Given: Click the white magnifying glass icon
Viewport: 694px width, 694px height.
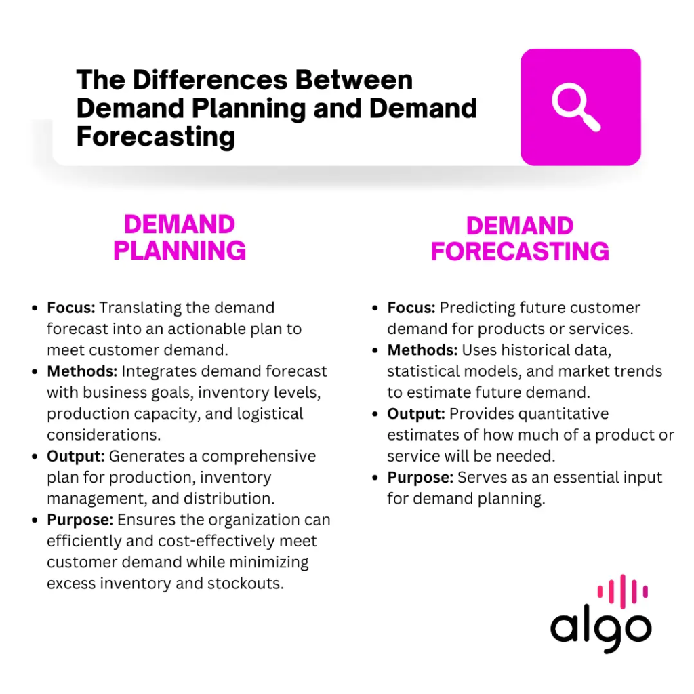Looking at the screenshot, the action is coord(575,106).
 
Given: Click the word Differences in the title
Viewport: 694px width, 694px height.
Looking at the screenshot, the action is coord(210,80).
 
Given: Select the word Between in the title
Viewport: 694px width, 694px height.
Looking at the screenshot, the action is coord(354,80).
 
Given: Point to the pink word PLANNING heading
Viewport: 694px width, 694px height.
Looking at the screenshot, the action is coord(179,250).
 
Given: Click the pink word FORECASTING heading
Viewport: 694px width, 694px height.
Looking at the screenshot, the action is coord(520,251).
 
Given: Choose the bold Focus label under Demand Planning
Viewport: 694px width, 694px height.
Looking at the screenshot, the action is coord(70,308).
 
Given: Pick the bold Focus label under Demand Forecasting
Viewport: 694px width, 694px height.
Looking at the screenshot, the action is coord(411,308).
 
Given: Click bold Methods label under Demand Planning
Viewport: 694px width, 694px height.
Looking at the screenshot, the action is coord(82,371).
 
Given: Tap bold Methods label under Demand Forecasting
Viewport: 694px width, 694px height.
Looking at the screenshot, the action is coord(422,350).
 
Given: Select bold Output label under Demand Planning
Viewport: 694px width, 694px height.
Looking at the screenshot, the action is coord(76,456).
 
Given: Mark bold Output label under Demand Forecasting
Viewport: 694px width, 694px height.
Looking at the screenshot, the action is coord(416,414).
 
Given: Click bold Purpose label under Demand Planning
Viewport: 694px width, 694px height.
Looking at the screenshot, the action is coord(80,520).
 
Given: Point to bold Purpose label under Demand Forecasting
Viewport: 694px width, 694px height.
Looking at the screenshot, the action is coord(420,478).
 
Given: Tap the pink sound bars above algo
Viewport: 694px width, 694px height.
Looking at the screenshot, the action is coord(623,591).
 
